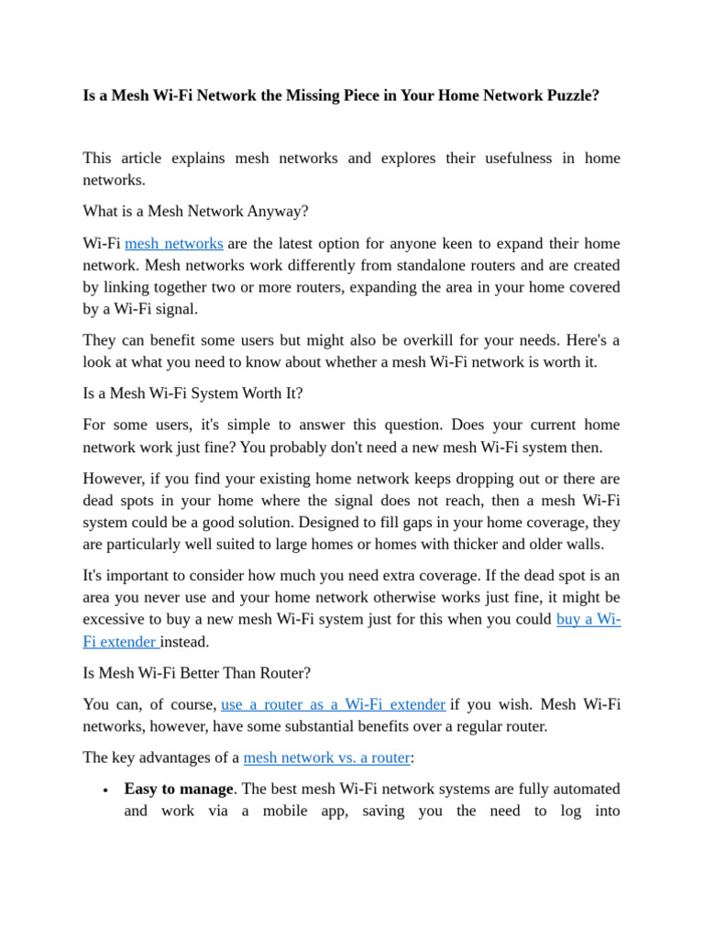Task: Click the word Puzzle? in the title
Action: pos(570,95)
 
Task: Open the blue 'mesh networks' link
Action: pos(174,244)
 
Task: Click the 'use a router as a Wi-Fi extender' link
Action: pos(334,704)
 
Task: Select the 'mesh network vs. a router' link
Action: pos(326,757)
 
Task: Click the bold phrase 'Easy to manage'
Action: pos(179,789)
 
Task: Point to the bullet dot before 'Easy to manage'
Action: pos(106,790)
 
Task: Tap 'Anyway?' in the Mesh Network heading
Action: pos(278,212)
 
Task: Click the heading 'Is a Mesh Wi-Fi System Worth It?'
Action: pos(192,393)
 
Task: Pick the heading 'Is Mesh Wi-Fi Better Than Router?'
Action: pos(196,673)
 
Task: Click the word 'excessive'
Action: pos(115,620)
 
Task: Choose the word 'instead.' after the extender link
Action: pos(185,642)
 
